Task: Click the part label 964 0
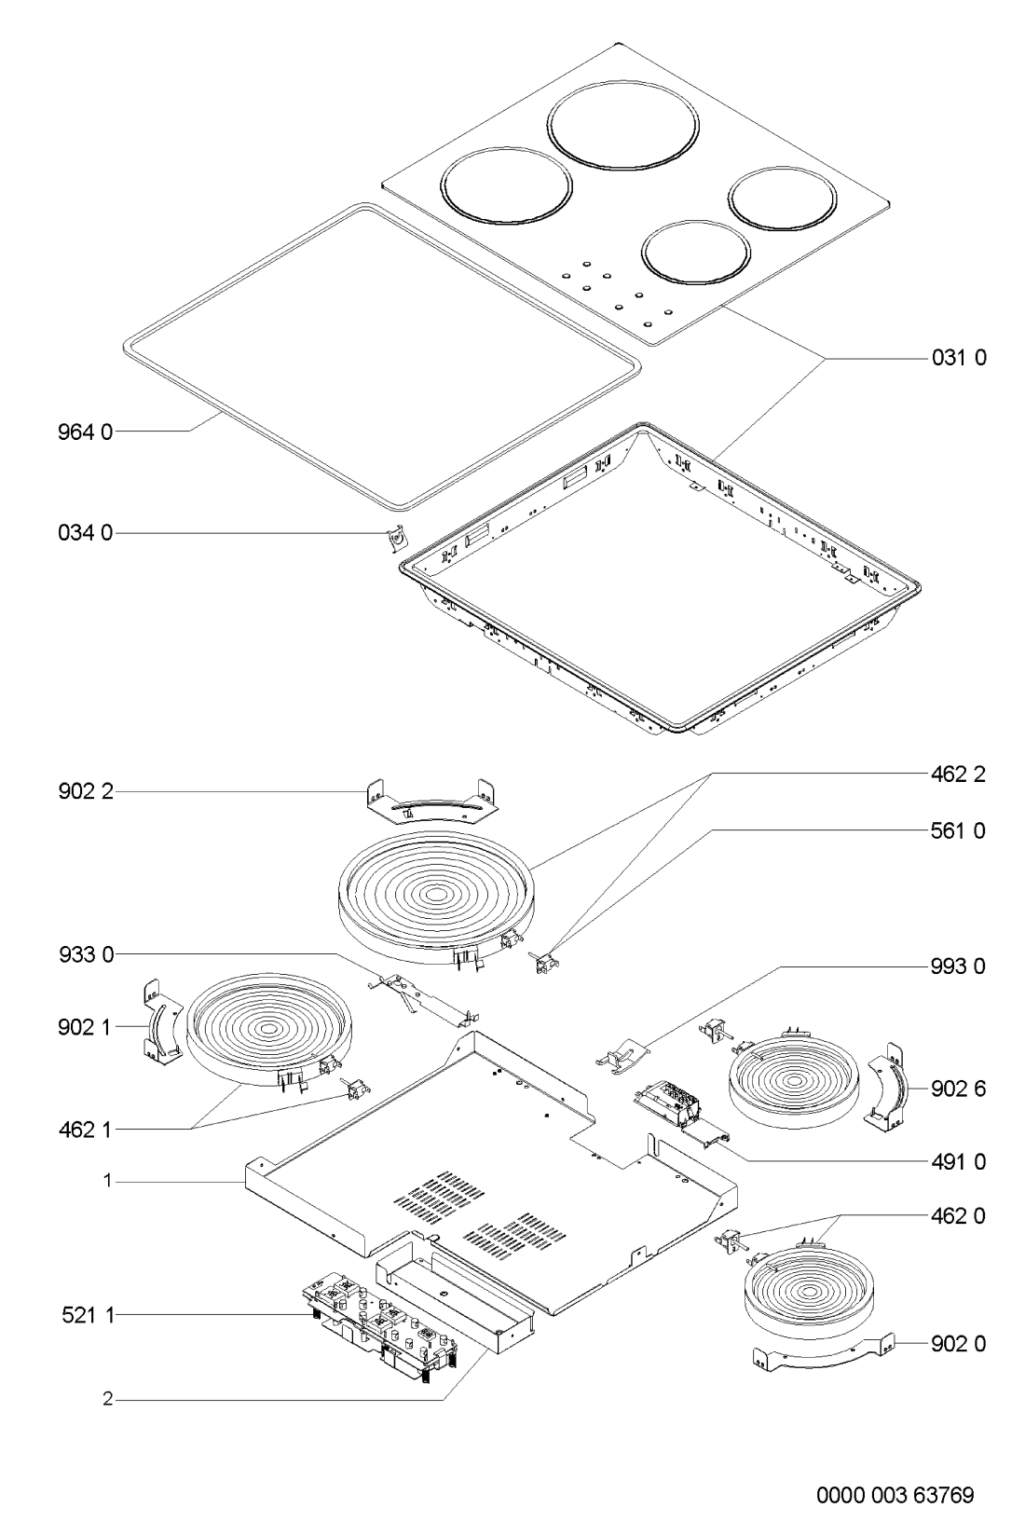tap(85, 432)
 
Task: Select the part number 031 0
tap(959, 358)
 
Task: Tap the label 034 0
tap(85, 532)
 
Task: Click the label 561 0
tap(958, 831)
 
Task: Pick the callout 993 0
tap(958, 966)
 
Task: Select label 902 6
tap(958, 1089)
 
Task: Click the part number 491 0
tap(958, 1162)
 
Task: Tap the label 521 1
tap(88, 1315)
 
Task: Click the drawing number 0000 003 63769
tap(895, 1495)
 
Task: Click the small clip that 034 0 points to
tap(395, 540)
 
